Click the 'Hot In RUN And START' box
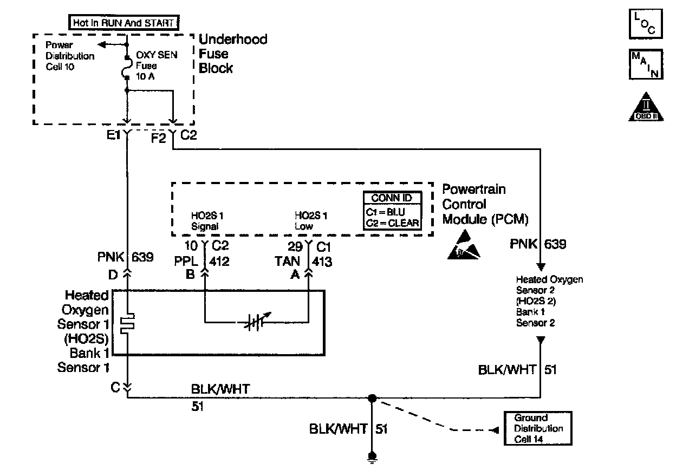(x=124, y=23)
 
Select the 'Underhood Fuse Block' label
(x=233, y=54)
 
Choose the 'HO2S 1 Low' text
(x=310, y=221)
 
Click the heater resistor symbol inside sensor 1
(x=127, y=324)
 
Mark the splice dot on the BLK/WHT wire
(x=372, y=399)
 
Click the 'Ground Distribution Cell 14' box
(x=538, y=428)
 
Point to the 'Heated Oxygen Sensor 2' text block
(x=549, y=301)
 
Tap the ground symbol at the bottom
(x=372, y=458)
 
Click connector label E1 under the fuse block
(x=113, y=135)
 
